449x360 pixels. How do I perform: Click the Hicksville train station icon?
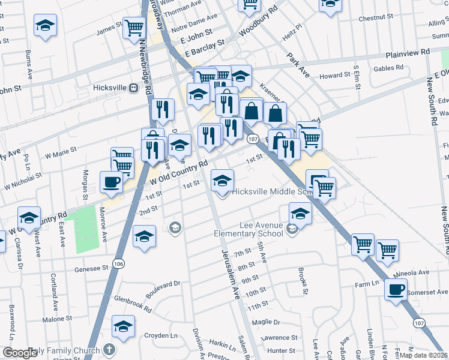point(133,88)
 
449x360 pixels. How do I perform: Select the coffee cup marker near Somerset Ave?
point(396,290)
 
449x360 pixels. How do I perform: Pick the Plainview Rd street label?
point(408,52)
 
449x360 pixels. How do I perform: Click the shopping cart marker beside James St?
point(134,27)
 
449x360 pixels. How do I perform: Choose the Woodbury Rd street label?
point(258,21)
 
